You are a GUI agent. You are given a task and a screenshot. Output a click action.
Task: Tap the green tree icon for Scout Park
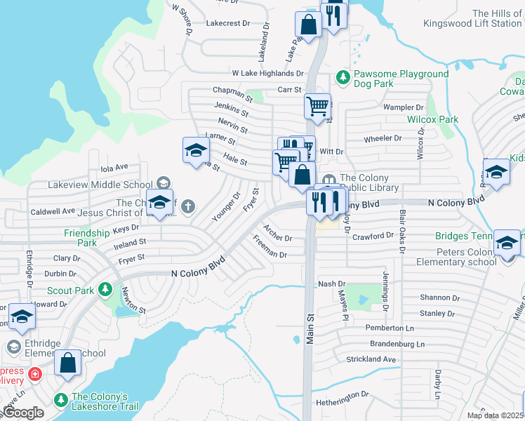pos(105,289)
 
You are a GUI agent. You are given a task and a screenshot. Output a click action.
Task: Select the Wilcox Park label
pos(432,119)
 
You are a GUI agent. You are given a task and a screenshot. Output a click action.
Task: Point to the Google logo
pos(22,413)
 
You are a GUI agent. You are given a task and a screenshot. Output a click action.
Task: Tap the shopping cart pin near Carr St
pos(317,107)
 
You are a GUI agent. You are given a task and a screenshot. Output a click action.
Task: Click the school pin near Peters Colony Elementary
pos(506,242)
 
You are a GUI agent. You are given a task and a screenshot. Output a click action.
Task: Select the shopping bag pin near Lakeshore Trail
pos(67,363)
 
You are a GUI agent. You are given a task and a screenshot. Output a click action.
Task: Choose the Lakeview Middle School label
pos(100,184)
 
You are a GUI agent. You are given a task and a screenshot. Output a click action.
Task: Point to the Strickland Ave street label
pos(371,359)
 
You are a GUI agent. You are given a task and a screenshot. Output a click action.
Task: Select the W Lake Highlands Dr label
pos(267,73)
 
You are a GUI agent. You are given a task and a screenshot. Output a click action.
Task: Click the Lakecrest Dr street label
pos(227,23)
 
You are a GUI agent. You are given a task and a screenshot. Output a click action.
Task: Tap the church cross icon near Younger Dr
pos(187,206)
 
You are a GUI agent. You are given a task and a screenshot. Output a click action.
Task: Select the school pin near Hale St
pos(196,149)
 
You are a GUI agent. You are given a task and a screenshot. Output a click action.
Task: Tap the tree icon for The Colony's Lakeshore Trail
pos(61,399)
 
